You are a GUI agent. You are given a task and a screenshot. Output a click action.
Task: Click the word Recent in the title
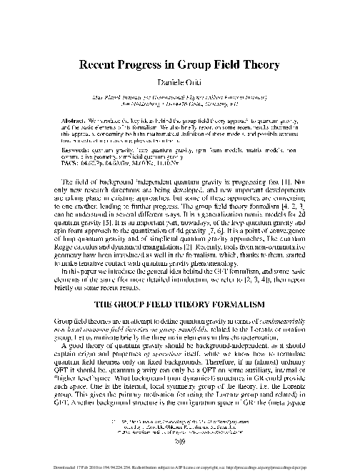(98, 62)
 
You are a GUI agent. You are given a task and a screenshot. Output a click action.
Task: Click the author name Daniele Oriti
(180, 81)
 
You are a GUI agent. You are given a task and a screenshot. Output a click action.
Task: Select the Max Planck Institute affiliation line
(180, 95)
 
